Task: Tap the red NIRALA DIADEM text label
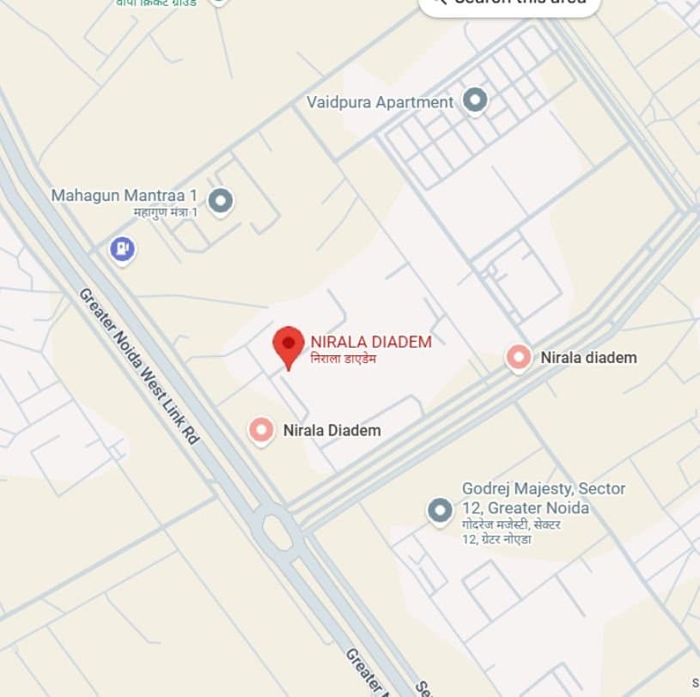point(371,342)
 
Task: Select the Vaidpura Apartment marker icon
point(475,101)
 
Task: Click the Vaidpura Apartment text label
point(380,102)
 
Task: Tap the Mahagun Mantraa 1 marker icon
point(221,201)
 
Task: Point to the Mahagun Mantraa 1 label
point(124,196)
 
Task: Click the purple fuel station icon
point(123,250)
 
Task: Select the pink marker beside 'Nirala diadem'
point(518,357)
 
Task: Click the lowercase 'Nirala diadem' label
point(588,357)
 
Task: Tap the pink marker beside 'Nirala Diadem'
point(261,430)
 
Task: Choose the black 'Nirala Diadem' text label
point(332,430)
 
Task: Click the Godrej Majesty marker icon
point(440,512)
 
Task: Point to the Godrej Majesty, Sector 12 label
point(543,498)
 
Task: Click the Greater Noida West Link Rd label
point(138,366)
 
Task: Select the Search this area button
point(508,3)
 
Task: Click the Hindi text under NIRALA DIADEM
point(343,358)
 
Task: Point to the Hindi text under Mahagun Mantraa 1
point(165,212)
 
